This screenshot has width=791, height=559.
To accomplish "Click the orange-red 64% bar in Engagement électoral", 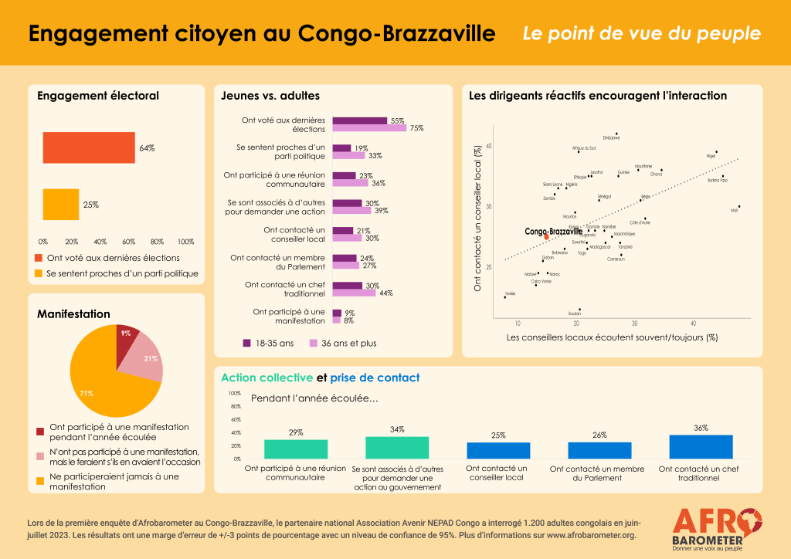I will click(89, 147).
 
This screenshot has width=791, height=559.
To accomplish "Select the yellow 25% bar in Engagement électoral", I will click(61, 205).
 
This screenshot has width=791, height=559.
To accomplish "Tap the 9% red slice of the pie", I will click(126, 336).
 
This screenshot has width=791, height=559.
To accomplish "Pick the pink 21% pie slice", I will click(147, 358).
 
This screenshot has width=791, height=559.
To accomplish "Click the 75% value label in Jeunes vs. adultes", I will click(417, 128).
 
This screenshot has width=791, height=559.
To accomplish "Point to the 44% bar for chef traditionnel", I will click(354, 293).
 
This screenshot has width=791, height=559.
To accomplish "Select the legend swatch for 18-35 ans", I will click(247, 343).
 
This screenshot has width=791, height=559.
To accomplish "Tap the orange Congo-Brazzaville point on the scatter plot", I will click(546, 236).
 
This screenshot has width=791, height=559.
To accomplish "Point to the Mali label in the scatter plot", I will click(734, 210).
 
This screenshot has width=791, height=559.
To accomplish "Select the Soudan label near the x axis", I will click(574, 314).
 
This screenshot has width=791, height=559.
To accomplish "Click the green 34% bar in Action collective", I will click(397, 448).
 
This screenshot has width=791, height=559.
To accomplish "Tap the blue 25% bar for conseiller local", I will click(498, 450).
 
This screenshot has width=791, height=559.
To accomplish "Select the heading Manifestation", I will click(73, 314).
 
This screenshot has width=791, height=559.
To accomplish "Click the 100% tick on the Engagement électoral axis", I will click(185, 241).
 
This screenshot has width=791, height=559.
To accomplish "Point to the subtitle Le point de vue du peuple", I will click(641, 34).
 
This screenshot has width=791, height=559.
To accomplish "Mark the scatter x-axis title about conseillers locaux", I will click(612, 337).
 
